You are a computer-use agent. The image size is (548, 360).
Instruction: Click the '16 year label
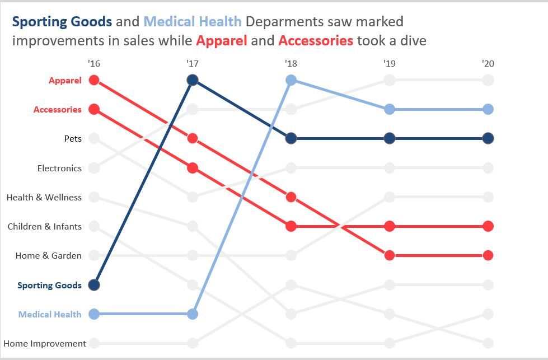(94, 64)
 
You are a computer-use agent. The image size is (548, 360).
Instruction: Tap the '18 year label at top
(291, 64)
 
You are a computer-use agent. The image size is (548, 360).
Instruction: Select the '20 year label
(488, 64)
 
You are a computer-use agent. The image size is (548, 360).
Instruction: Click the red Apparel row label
(65, 81)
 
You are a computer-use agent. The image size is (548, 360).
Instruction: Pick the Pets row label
(73, 139)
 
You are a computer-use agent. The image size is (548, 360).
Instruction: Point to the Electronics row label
(59, 168)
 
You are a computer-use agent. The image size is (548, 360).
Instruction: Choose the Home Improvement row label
(45, 343)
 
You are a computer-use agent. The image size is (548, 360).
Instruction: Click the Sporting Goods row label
(49, 286)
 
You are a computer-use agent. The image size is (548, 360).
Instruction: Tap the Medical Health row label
(50, 315)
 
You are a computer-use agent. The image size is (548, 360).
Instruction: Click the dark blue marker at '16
(94, 285)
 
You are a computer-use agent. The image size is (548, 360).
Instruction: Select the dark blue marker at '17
(193, 80)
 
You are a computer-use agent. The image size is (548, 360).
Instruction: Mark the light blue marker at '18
(291, 80)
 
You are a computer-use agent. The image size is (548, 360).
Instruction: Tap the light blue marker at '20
(488, 109)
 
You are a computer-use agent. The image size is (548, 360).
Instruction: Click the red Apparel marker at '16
(94, 80)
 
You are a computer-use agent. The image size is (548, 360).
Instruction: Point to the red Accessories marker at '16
(94, 109)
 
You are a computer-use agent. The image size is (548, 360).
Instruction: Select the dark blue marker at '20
(488, 138)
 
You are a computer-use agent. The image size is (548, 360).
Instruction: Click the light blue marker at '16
(94, 314)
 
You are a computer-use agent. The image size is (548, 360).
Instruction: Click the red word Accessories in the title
(316, 41)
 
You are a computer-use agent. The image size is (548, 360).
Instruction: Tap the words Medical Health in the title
(193, 22)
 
